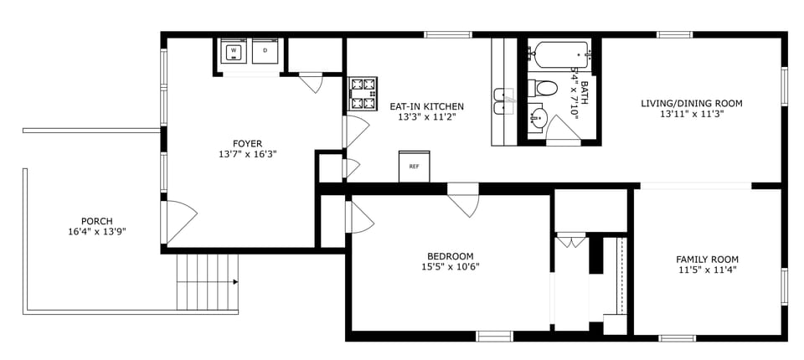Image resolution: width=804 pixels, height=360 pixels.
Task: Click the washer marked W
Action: [x=234, y=52]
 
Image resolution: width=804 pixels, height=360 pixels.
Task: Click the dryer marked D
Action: [x=265, y=52]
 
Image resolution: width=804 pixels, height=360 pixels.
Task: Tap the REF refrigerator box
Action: [x=414, y=166]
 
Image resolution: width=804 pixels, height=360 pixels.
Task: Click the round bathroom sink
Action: [x=538, y=118]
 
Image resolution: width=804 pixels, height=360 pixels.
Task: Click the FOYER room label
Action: [x=248, y=143]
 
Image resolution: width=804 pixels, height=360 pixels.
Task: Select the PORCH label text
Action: [x=97, y=221]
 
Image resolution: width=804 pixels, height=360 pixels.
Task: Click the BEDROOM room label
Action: [x=450, y=256]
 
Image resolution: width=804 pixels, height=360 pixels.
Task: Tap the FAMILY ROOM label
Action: [x=708, y=259]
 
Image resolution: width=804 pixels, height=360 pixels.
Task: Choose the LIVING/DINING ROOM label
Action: [x=692, y=104]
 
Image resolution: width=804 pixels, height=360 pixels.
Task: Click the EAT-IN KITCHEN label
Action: [x=426, y=106]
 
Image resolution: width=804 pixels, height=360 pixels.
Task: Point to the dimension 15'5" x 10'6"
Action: [x=450, y=268]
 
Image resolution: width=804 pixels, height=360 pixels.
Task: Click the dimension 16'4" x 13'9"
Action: [x=97, y=232]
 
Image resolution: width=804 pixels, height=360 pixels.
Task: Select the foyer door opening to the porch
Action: [x=179, y=220]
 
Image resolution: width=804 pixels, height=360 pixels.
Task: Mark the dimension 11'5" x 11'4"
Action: [x=708, y=270]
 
